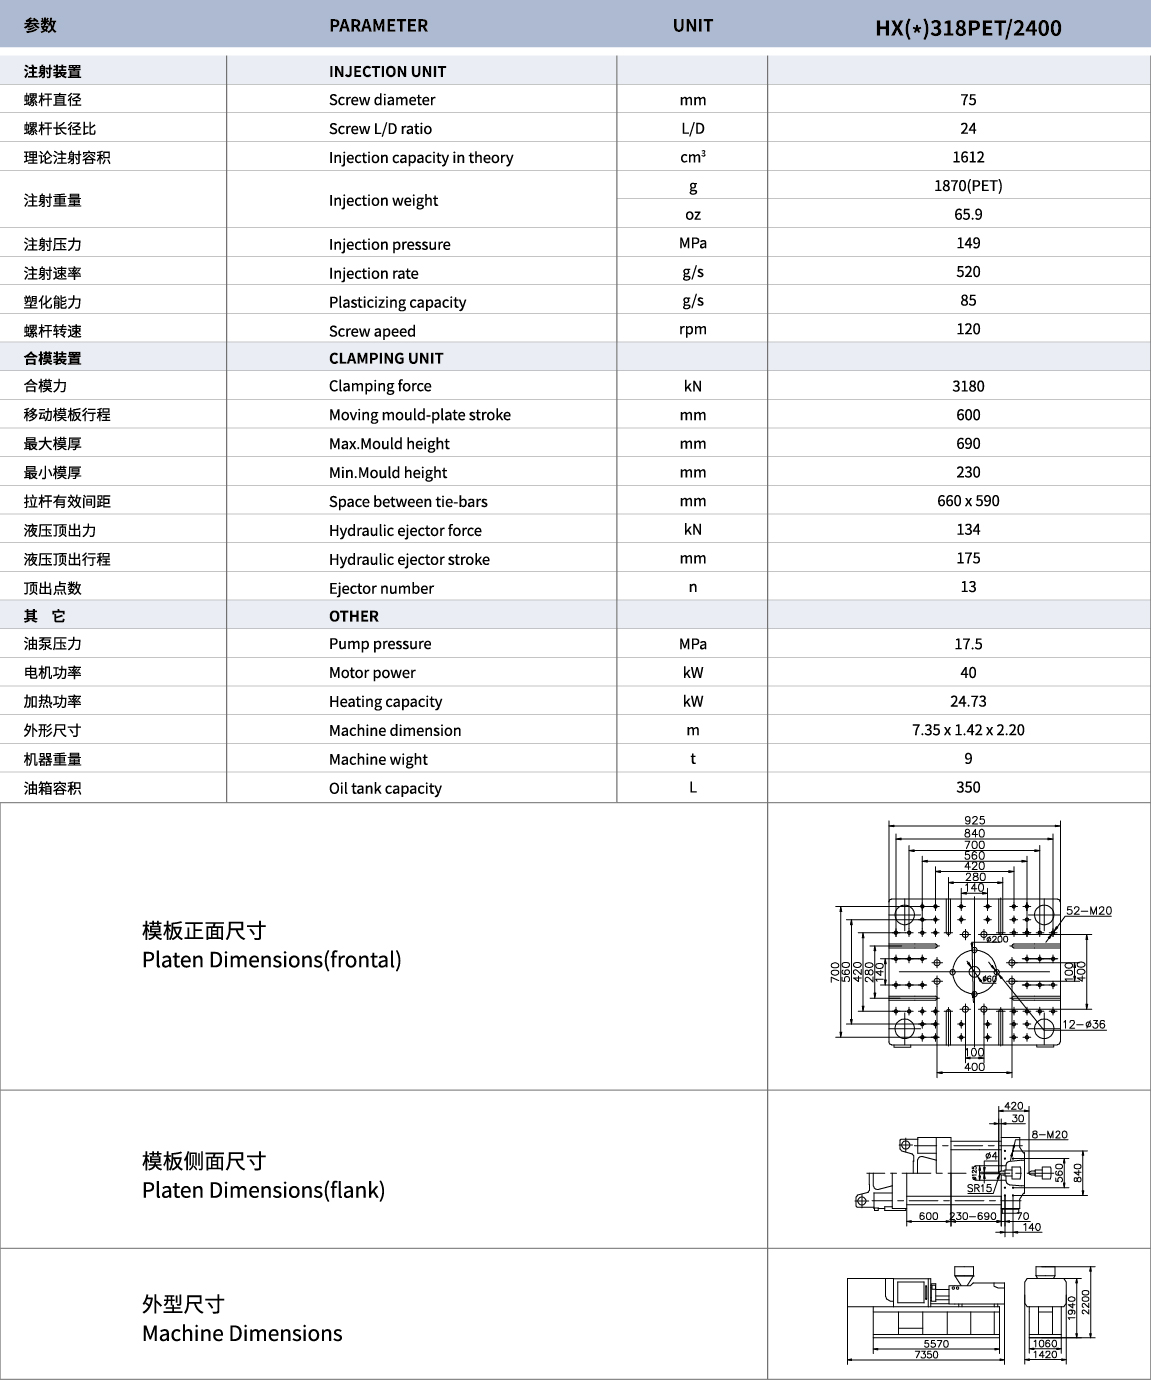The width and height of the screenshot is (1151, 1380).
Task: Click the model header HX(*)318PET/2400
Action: [968, 28]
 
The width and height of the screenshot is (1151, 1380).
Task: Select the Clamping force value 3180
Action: [968, 386]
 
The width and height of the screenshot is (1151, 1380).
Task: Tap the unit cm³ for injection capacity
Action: [692, 157]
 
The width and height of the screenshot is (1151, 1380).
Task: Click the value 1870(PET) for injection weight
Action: [968, 186]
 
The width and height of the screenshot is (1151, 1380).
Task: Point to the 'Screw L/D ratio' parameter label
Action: [380, 129]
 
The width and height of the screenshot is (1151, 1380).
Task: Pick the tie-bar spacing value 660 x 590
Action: [968, 501]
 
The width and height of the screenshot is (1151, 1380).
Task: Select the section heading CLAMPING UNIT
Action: [386, 358]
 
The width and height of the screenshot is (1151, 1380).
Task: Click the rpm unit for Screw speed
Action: [692, 330]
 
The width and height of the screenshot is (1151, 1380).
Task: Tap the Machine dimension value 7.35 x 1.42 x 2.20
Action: [968, 730]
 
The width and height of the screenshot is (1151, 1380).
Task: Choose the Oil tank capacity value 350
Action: [968, 788]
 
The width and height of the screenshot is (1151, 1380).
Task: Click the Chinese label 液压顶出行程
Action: [67, 559]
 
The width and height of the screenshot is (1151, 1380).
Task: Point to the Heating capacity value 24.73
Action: [968, 702]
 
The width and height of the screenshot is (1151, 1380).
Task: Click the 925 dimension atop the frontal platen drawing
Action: [974, 821]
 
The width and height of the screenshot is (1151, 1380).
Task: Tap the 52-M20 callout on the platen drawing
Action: [1088, 911]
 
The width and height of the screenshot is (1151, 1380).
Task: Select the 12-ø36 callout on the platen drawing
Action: [1084, 1025]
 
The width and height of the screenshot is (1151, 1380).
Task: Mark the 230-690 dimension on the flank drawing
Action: [973, 1216]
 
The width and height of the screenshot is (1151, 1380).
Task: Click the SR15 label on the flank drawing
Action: [980, 1189]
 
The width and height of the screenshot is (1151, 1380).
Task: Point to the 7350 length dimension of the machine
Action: [926, 1355]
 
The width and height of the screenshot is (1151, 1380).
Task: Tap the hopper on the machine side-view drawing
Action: [962, 1277]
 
